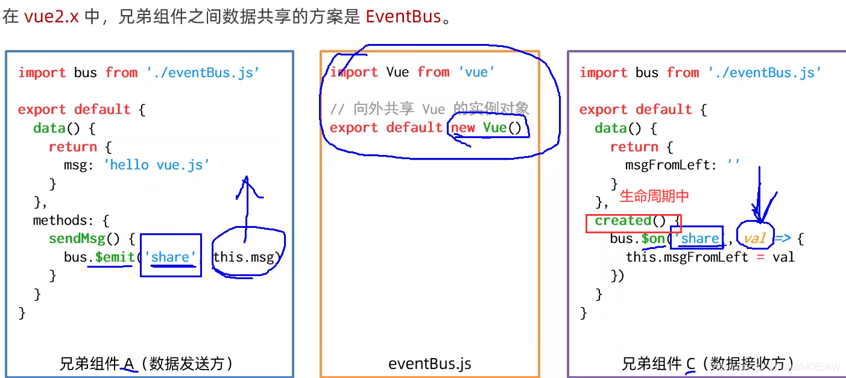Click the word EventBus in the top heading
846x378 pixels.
403,16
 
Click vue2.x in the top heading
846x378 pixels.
51,16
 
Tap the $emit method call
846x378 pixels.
115,257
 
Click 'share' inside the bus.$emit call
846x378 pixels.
171,257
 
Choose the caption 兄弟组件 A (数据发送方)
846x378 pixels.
147,364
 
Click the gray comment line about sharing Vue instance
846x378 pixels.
429,109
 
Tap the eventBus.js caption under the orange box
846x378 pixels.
429,364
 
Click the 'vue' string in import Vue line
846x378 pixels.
476,72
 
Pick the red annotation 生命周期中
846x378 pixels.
654,196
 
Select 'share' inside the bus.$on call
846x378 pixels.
699,239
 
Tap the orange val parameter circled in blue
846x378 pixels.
754,239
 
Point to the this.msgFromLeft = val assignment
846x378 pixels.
710,257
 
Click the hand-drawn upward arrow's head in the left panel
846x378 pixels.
246,180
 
